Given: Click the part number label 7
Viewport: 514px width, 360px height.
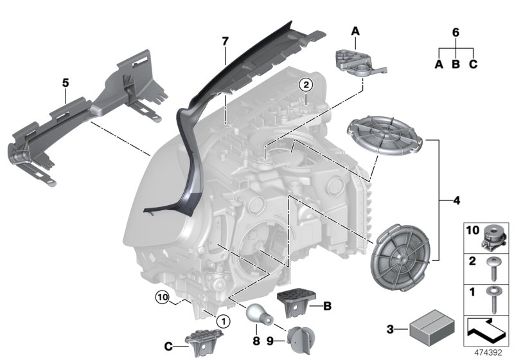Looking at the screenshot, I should pos(225,41).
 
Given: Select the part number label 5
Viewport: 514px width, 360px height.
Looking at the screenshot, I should pos(65,83).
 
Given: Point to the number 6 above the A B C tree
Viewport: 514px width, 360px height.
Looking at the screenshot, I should pos(456,33).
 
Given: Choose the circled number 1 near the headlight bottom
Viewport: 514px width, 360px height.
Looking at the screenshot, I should pos(222,319).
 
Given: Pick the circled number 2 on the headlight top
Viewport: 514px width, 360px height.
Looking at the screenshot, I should pos(306,84).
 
